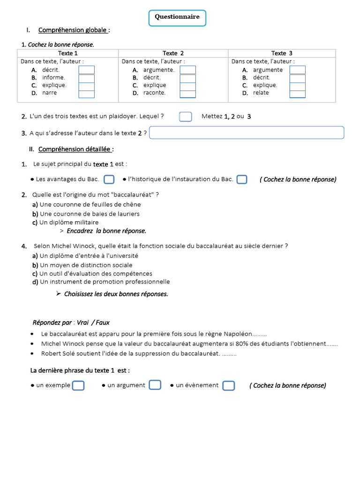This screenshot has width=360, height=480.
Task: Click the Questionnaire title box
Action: point(178,17)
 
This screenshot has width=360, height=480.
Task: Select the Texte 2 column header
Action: point(173,53)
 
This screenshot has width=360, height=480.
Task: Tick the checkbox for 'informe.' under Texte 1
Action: point(86,78)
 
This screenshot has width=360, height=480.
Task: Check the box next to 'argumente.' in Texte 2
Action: point(187,70)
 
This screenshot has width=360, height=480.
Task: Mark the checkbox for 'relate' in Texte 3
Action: point(297,93)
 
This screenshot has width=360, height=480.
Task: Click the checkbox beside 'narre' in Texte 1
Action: point(86,93)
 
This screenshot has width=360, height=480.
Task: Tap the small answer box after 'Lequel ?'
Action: point(186,117)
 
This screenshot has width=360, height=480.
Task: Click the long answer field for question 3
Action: point(247,133)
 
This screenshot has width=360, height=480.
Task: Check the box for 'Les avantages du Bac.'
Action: point(109,180)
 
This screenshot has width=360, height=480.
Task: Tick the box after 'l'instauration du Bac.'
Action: point(242,180)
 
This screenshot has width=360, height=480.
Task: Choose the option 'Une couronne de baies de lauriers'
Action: point(89,214)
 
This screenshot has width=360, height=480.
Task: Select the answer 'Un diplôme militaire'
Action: point(69,223)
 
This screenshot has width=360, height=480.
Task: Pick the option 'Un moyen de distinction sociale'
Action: point(86,265)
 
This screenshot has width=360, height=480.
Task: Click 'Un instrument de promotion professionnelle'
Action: point(105,282)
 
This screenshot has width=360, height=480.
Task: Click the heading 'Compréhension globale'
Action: point(73,30)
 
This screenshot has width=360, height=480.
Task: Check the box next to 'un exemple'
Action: point(78,385)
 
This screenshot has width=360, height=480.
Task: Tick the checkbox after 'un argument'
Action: point(155,385)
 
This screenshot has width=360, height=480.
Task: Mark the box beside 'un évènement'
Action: point(228,385)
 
